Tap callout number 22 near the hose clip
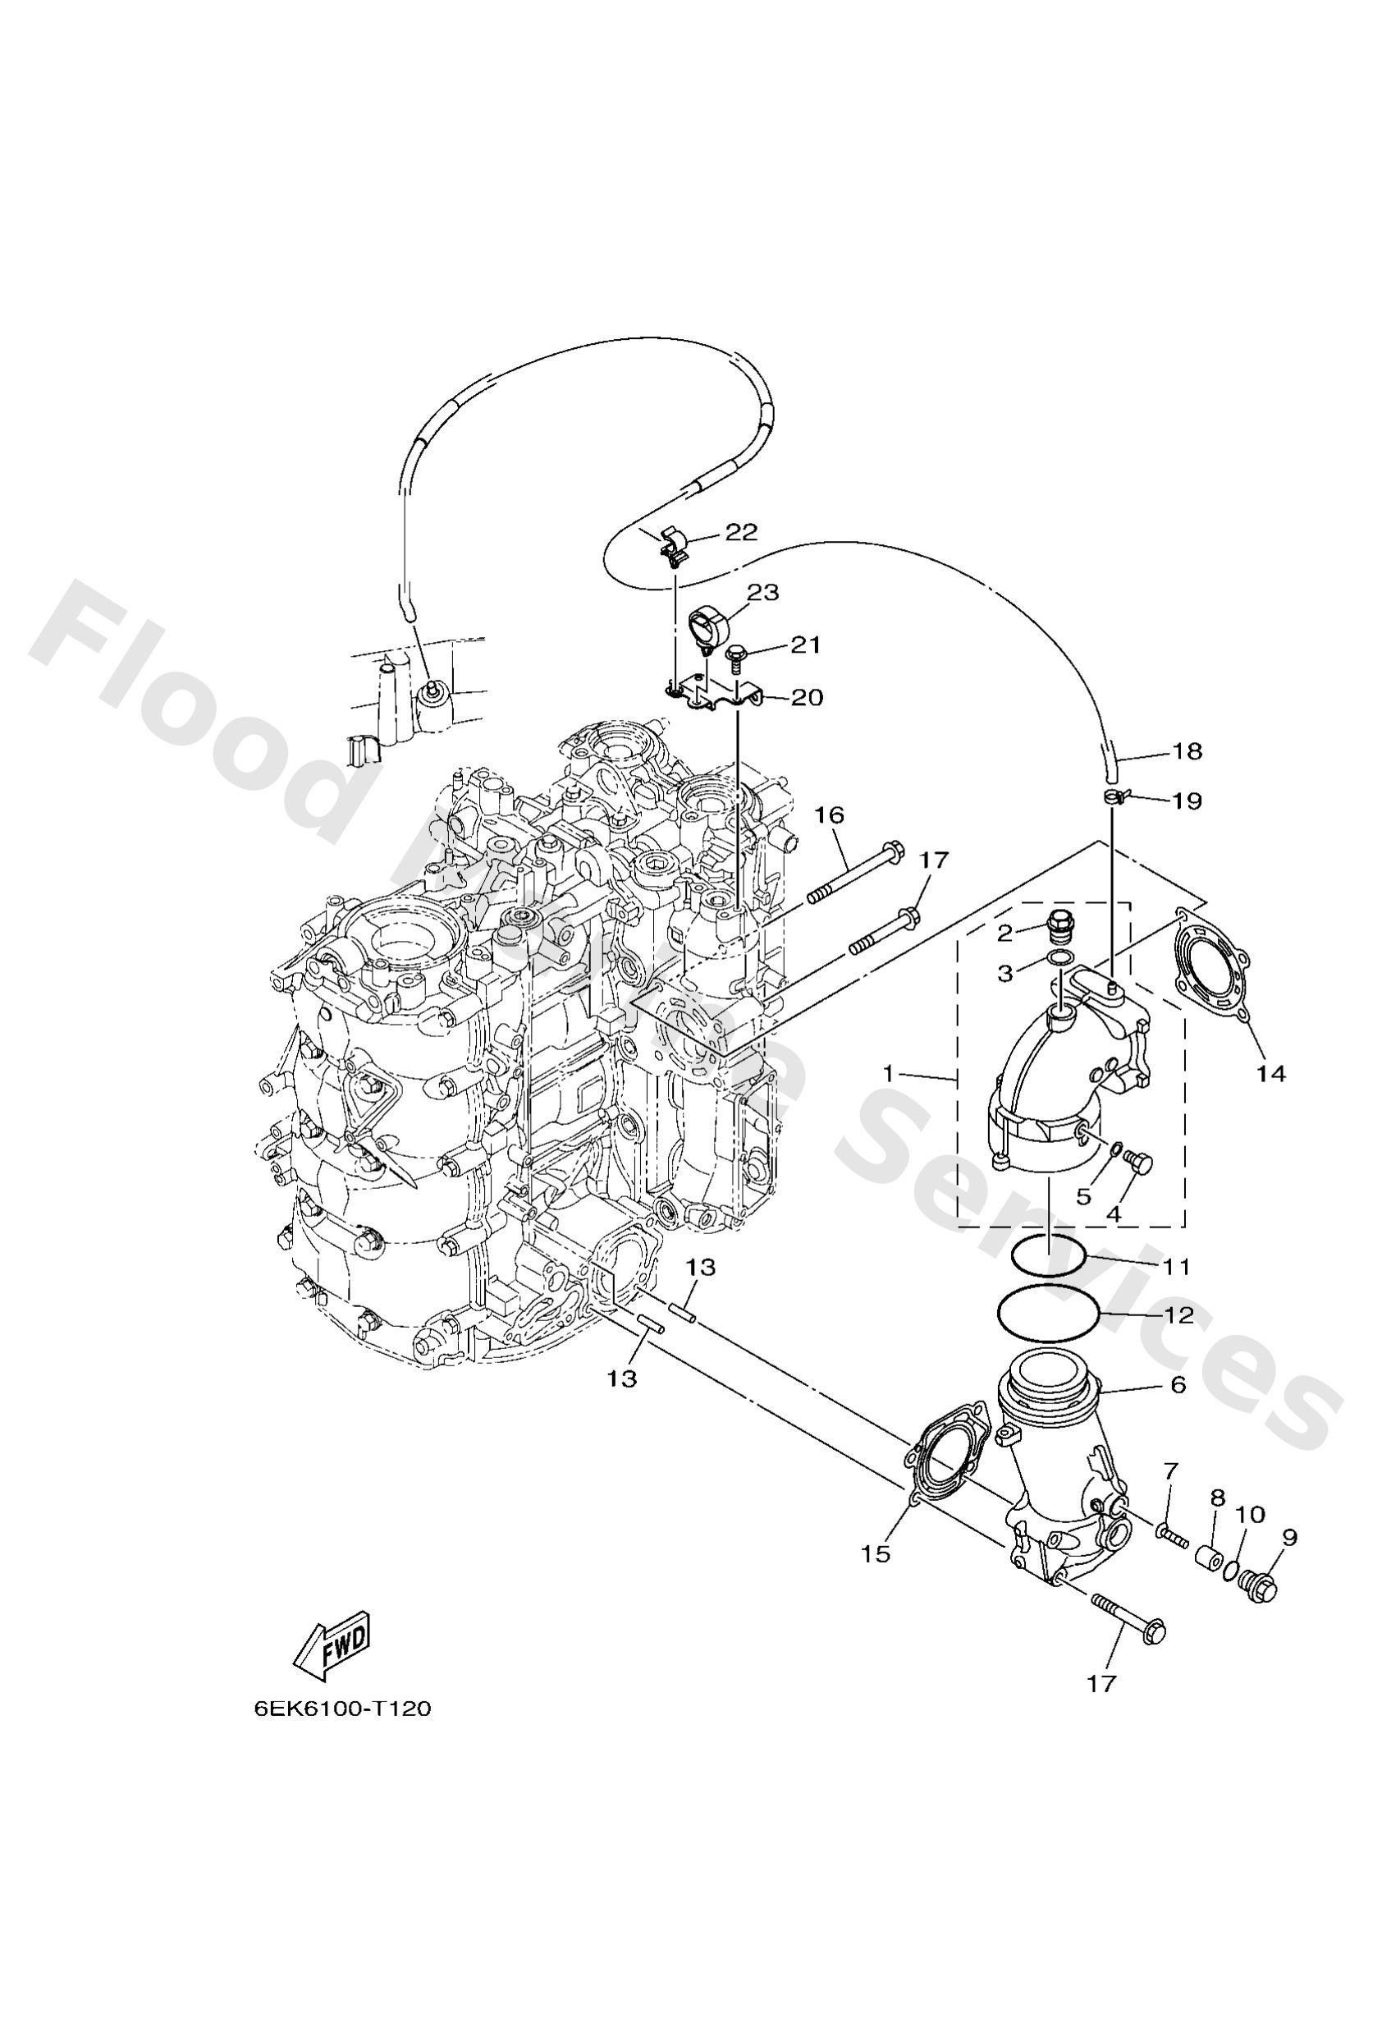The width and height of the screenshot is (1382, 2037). [740, 532]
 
